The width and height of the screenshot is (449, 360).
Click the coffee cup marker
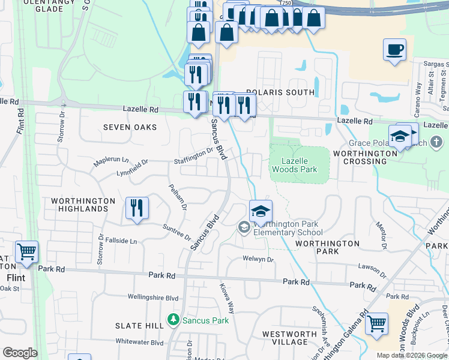click(394, 50)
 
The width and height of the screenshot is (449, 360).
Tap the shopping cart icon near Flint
click(26, 252)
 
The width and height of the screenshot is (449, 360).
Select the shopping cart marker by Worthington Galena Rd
click(376, 324)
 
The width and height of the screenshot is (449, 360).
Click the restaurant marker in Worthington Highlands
click(137, 209)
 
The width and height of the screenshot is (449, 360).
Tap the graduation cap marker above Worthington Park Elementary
click(261, 211)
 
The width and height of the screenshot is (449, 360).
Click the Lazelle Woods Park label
click(299, 165)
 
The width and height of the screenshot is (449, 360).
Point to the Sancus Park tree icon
click(174, 320)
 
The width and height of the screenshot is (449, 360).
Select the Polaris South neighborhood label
click(280, 92)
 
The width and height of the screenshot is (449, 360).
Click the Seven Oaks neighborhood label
click(130, 127)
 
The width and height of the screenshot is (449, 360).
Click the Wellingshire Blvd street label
click(153, 297)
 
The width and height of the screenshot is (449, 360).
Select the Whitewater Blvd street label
click(140, 343)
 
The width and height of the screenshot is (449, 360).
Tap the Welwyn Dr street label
click(258, 260)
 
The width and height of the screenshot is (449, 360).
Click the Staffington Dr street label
click(193, 154)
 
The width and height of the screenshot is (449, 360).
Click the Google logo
click(20, 353)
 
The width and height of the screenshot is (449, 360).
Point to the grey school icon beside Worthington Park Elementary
click(244, 227)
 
